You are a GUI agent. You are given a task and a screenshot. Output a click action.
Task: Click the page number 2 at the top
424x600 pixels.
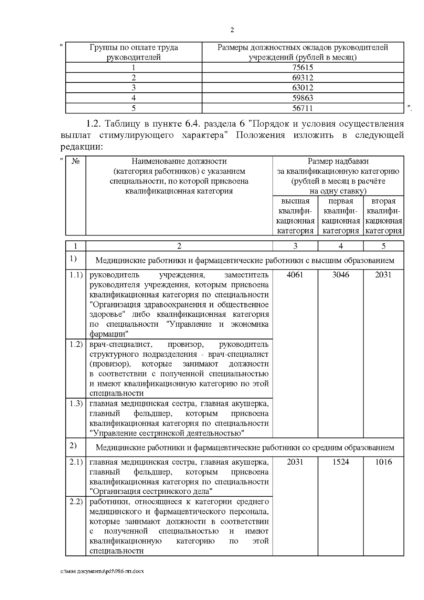pyautogui.click(x=232, y=30)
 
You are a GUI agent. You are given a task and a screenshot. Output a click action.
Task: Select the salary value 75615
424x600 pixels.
pyautogui.click(x=303, y=68)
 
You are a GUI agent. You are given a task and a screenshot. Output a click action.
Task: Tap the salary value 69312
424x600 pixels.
pyautogui.click(x=303, y=78)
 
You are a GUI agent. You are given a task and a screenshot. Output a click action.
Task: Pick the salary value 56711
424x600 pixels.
pyautogui.click(x=303, y=108)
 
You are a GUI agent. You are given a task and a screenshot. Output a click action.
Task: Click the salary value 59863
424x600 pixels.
pyautogui.click(x=303, y=98)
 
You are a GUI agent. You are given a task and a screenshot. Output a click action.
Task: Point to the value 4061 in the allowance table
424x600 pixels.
pyautogui.click(x=295, y=275)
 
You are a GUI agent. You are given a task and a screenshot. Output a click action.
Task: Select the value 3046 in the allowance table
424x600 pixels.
pyautogui.click(x=341, y=275)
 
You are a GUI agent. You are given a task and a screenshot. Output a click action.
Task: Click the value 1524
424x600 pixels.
pyautogui.click(x=341, y=462)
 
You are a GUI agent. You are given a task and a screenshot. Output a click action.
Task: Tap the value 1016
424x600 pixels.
pyautogui.click(x=383, y=462)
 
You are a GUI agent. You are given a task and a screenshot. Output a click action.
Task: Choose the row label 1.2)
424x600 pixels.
pyautogui.click(x=76, y=344)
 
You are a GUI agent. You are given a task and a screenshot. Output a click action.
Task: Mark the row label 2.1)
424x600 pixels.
pyautogui.click(x=76, y=462)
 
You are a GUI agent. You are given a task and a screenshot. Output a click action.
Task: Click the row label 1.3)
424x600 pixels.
pyautogui.click(x=76, y=403)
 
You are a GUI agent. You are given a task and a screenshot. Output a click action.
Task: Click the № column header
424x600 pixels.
pyautogui.click(x=76, y=162)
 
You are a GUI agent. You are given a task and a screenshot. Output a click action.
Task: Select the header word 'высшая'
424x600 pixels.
pyautogui.click(x=295, y=201)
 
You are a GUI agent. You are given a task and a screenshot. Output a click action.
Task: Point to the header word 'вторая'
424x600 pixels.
pyautogui.click(x=383, y=201)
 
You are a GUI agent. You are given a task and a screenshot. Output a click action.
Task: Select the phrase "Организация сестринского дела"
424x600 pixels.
pyautogui.click(x=151, y=491)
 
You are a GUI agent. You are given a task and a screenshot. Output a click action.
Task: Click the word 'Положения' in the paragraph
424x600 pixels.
pyautogui.click(x=260, y=135)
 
